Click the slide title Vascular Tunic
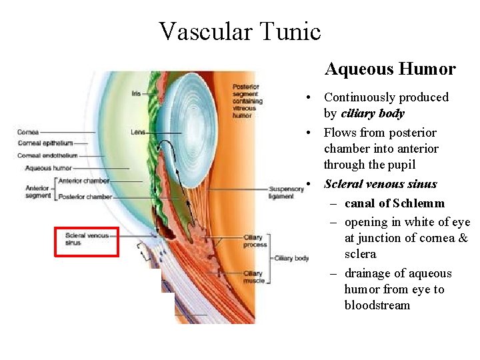pos(240,31)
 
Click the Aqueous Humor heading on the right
pos(390,69)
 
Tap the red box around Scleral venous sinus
pos(87,241)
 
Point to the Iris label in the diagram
pos(137,94)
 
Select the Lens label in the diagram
pos(138,133)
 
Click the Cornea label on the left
pos(28,132)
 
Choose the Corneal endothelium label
pos(47,155)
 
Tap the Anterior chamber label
pos(84,181)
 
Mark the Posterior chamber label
pos(85,197)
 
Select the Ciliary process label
pos(255,241)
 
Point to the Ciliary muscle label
pos(253,277)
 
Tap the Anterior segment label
pos(38,192)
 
